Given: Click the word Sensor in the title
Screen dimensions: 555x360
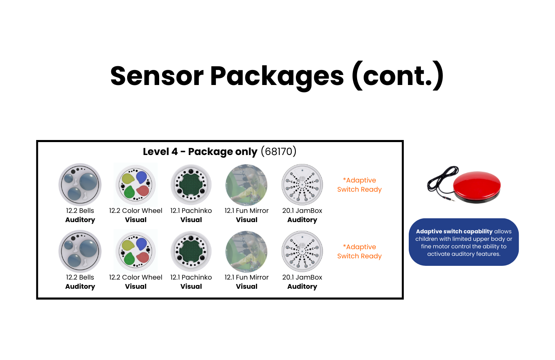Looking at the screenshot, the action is (x=157, y=76).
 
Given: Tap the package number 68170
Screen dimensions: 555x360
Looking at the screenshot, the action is (x=278, y=151).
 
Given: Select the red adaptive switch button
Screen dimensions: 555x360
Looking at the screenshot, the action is (x=477, y=187).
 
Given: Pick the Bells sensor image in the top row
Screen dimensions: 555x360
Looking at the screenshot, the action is (x=80, y=185).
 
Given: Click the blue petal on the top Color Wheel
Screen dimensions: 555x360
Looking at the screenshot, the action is (x=141, y=177).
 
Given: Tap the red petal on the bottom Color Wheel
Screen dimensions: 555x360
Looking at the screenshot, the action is (x=143, y=257).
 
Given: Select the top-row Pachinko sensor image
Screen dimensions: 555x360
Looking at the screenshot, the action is (x=191, y=185).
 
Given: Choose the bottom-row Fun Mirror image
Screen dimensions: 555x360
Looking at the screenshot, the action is (x=247, y=252).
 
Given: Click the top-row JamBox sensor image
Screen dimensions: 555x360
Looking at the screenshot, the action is (x=302, y=185).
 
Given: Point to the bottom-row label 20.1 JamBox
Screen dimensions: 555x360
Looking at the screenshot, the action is (x=302, y=277).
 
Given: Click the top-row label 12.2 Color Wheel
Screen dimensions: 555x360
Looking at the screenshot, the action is (x=135, y=210).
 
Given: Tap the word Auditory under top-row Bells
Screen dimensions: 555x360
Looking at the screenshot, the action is (x=80, y=220).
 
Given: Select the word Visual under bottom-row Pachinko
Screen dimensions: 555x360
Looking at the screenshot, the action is (x=191, y=286).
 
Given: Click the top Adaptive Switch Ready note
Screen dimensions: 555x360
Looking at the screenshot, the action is (x=359, y=185).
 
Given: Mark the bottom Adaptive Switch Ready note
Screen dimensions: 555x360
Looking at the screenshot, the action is (x=359, y=252).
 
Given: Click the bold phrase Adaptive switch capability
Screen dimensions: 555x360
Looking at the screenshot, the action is (x=454, y=231).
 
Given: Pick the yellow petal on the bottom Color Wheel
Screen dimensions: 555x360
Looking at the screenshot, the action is (x=128, y=245).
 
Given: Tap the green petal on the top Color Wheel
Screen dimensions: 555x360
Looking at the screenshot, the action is (x=129, y=192).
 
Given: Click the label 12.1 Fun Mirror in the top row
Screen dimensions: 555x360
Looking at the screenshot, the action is (x=247, y=210).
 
